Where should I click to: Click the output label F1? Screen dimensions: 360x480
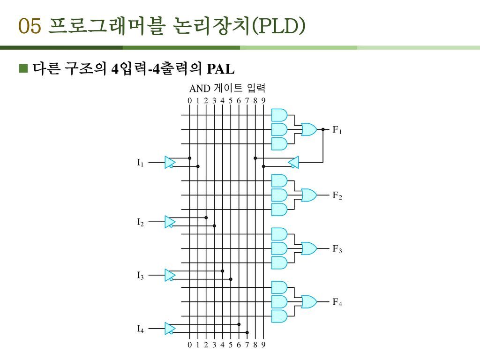click(337, 130)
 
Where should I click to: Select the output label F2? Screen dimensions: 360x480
click(337, 196)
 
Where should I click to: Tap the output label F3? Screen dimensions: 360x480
click(337, 249)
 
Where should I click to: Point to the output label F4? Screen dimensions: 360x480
click(337, 303)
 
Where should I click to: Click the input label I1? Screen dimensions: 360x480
click(140, 163)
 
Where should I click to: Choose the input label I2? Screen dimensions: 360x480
click(140, 222)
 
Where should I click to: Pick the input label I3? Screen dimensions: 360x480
click(140, 275)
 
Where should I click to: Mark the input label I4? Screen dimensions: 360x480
click(140, 329)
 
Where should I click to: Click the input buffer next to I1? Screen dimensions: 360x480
click(170, 162)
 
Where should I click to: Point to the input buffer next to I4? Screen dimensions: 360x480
click(170, 328)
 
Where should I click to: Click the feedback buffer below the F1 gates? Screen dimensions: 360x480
click(293, 162)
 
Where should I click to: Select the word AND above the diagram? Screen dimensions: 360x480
click(200, 88)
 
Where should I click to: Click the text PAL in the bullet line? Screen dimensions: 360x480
click(220, 70)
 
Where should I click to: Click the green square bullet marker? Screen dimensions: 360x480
click(23, 69)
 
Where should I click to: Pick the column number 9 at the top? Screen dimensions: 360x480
click(263, 100)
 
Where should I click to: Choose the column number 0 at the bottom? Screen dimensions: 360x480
click(189, 345)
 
